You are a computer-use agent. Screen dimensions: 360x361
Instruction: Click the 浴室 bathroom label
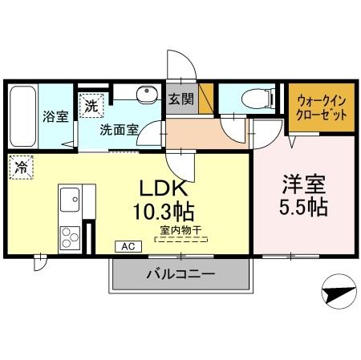55,116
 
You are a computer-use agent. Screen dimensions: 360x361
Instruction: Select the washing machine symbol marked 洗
91,105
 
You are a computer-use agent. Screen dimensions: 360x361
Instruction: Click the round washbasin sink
147,97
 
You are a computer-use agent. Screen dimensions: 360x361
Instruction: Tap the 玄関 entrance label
180,99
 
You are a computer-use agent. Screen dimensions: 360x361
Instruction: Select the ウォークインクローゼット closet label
321,107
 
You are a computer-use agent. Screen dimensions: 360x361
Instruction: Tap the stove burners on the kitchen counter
67,237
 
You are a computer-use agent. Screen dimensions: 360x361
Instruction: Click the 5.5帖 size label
302,207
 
